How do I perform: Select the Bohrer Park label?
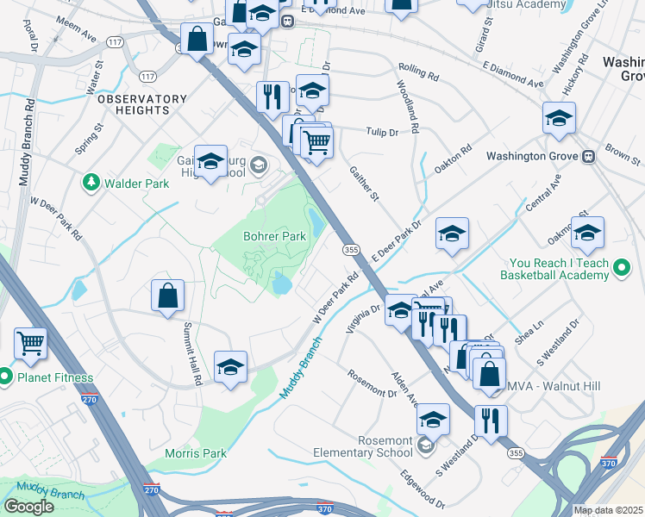tap(273, 236)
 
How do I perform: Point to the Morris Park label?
tap(196, 453)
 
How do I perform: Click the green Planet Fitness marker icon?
tap(5, 377)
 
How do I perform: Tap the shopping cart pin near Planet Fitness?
tap(30, 342)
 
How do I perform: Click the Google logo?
tap(28, 506)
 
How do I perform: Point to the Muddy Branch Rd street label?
tap(27, 142)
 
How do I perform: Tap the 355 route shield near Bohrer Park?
tap(351, 249)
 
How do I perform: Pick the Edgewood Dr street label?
tap(423, 489)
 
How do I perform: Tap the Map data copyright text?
tap(608, 510)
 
